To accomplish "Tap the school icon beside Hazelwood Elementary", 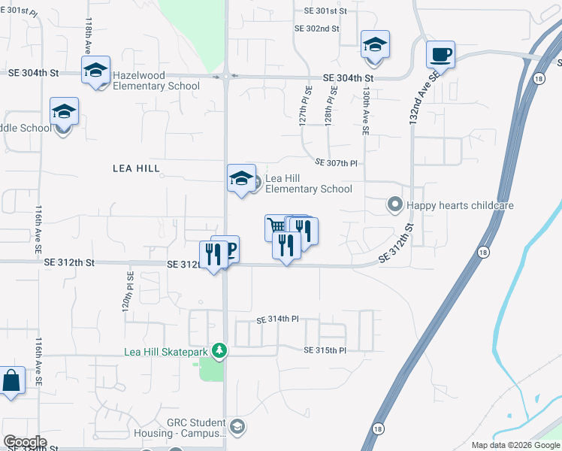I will click(x=95, y=71).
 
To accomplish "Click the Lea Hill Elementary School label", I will click(x=308, y=183).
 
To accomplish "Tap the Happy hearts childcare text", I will click(x=460, y=204).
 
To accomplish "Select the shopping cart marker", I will click(x=276, y=226).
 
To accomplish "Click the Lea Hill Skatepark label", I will click(x=167, y=351).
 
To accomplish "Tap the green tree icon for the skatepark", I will click(x=219, y=351).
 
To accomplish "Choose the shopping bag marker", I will click(x=12, y=381).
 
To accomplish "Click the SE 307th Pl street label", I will click(x=336, y=162).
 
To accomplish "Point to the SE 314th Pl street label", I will click(x=277, y=319).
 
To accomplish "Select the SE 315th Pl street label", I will click(x=325, y=350).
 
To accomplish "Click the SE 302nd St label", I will click(x=317, y=29).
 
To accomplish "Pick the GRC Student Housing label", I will click(x=185, y=428).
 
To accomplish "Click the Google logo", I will click(x=25, y=442).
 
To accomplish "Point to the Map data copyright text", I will click(x=515, y=445).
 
